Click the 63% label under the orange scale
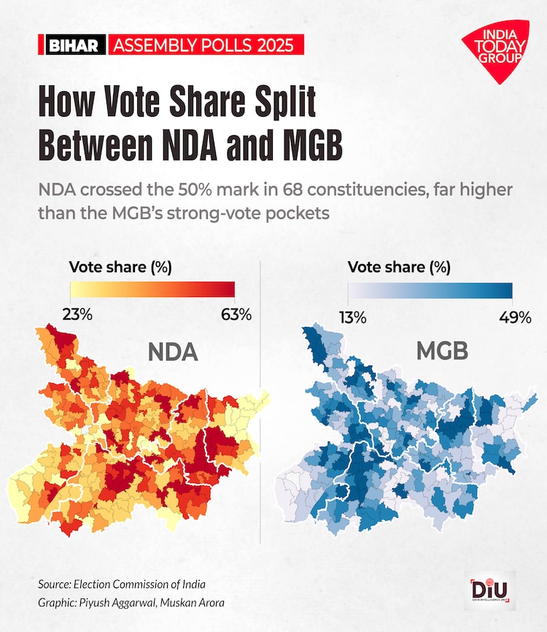tap(235, 315)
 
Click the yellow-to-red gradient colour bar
tap(152, 289)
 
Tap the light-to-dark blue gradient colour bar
tap(430, 290)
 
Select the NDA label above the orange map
tap(173, 353)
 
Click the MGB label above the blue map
tap(442, 352)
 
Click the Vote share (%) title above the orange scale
tap(120, 266)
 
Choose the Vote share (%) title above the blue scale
tap(399, 267)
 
